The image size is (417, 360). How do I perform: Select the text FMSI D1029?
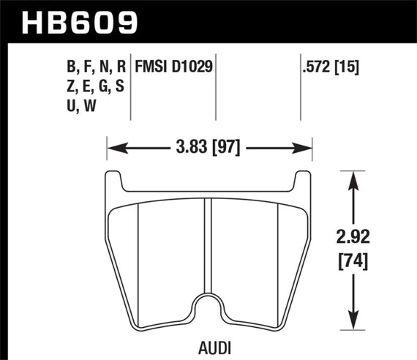(174, 67)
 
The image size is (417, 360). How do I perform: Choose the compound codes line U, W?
(81, 107)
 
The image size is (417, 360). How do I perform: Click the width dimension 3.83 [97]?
(209, 149)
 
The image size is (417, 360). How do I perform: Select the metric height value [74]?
(355, 259)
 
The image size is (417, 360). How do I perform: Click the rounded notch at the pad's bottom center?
(211, 306)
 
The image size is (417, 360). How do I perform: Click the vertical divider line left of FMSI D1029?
(130, 88)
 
